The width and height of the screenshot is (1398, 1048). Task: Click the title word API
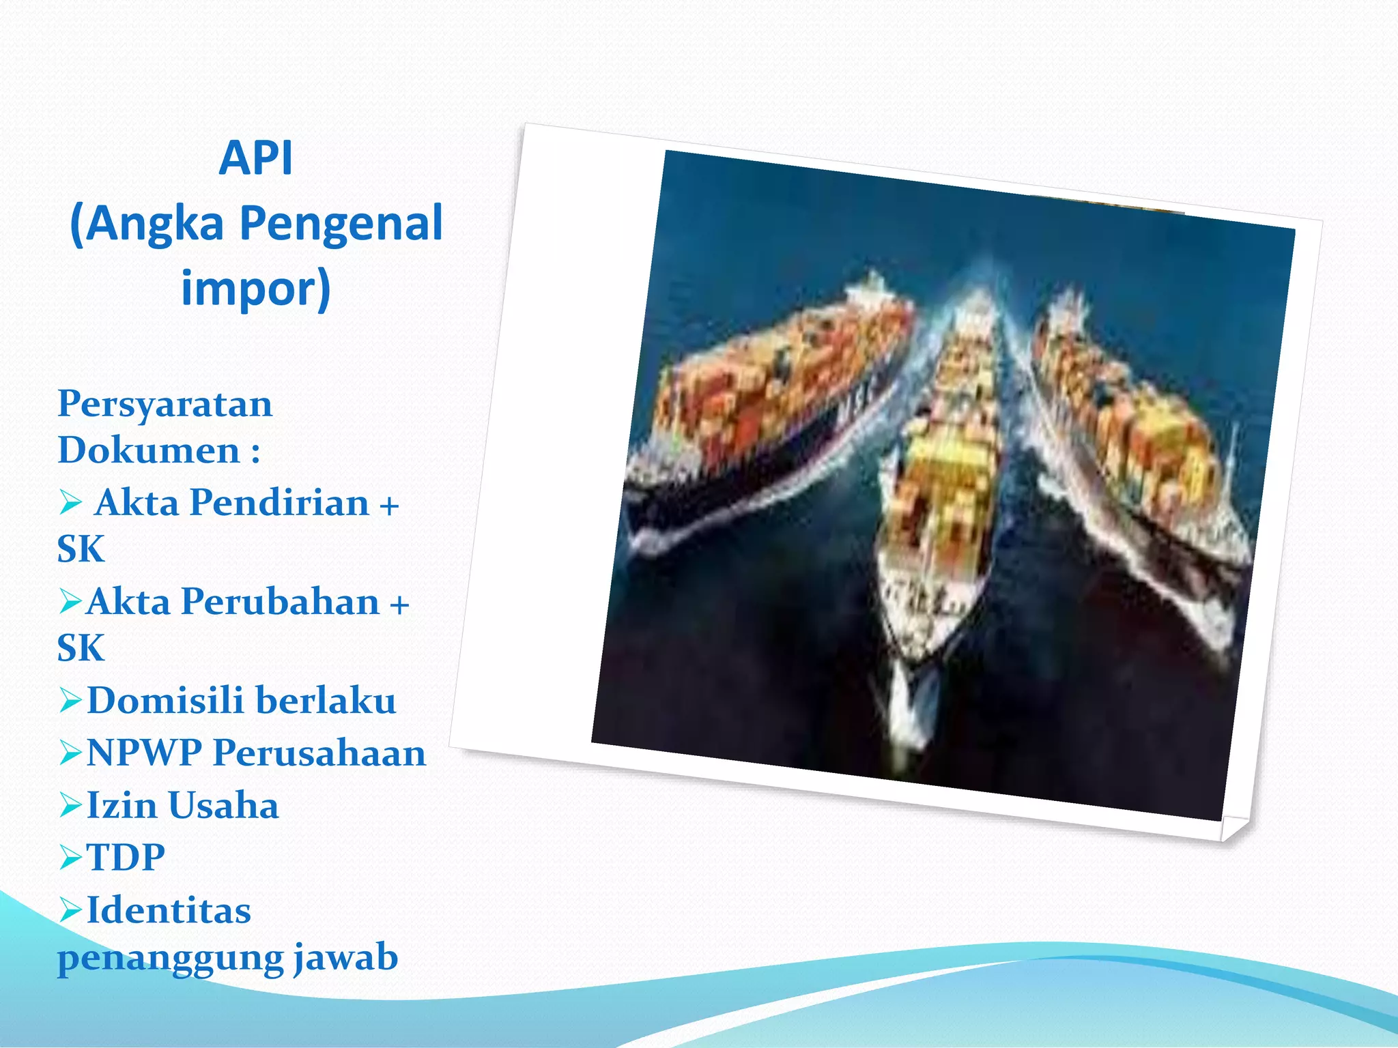pos(255,158)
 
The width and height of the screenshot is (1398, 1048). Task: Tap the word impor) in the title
pos(255,289)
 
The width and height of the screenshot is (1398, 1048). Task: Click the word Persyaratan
pos(165,404)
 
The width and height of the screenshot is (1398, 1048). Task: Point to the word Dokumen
pos(149,450)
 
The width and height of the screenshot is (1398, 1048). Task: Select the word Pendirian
pos(279,503)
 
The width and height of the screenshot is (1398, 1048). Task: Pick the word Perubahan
pos(280,602)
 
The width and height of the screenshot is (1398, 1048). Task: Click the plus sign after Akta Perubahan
pos(399,605)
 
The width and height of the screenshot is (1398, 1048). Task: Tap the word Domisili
pos(165,701)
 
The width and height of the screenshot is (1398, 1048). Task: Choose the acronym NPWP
pos(144,753)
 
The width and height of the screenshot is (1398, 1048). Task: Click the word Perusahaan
pos(319,753)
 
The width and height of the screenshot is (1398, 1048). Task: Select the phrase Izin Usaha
pos(182,805)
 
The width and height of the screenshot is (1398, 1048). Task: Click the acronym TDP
pos(126,858)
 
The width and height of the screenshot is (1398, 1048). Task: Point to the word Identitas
pos(169,911)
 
